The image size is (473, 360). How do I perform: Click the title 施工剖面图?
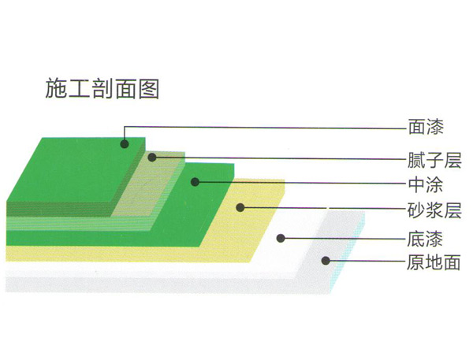coord(102,89)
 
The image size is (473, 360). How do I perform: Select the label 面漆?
coord(426,127)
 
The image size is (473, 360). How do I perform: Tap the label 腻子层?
coord(434,160)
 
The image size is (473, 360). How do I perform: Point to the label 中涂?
coord(426,184)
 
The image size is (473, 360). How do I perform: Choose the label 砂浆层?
coord(434,210)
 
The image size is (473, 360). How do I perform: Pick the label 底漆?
coord(426,239)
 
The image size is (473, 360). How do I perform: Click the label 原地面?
coord(434,262)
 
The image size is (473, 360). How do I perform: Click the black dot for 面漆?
coord(125,144)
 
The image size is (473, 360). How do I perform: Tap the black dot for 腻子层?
coord(152,157)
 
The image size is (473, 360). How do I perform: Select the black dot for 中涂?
coord(196,182)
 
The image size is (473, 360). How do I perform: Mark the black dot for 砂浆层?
coord(240,207)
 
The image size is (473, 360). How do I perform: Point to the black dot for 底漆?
coord(281,238)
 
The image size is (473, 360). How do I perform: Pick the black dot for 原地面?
coord(326,261)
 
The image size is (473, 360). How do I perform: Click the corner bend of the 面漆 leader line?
coord(125,127)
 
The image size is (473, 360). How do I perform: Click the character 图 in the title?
coord(149,89)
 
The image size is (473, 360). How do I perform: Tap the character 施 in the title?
coord(56,89)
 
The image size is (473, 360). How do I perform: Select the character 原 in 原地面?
coord(415,262)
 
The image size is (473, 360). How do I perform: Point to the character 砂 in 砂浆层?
coord(416,210)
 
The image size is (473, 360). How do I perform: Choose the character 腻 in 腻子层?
coord(416,160)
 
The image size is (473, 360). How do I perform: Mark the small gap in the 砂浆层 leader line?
coord(328,208)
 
